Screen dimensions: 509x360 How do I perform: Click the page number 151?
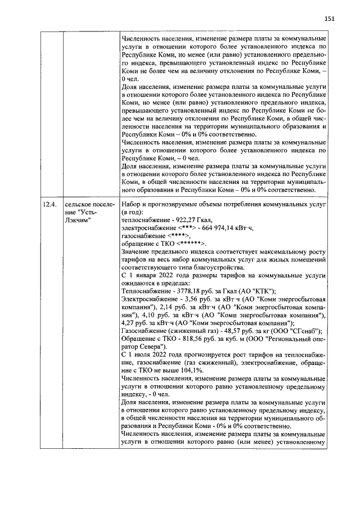tap(330, 18)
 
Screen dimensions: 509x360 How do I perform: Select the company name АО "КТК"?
tap(258, 291)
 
